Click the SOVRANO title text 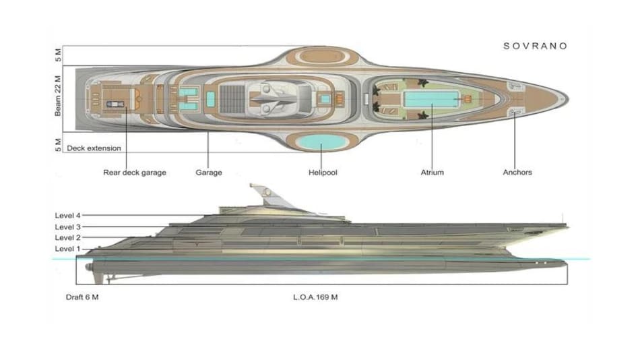536,46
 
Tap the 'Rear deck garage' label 135,173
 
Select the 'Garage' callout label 209,173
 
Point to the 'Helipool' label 322,173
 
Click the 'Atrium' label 433,173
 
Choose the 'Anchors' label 517,173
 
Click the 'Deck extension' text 94,148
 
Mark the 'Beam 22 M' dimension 59,96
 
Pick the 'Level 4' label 67,216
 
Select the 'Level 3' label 67,227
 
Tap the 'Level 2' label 67,238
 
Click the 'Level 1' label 67,249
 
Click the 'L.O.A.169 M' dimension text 316,297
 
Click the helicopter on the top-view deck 276,98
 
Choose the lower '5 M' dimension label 59,144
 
